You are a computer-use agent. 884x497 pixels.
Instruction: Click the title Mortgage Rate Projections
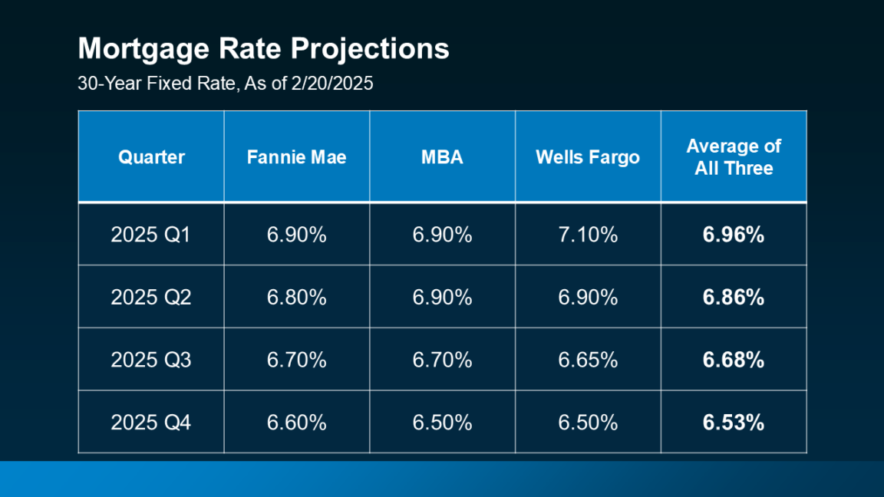click(x=263, y=49)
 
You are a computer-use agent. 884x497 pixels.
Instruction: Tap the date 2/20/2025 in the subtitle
click(x=332, y=84)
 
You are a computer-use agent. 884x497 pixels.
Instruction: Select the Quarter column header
click(x=151, y=157)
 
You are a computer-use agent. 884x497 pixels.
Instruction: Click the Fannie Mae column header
click(x=296, y=157)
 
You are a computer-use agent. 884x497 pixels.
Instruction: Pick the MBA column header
click(x=442, y=157)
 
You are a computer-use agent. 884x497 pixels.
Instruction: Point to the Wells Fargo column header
click(x=587, y=157)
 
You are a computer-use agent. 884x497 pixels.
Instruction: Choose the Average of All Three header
click(x=733, y=157)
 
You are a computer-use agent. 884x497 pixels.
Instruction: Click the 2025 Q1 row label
click(x=150, y=235)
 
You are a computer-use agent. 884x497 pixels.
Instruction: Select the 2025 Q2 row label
click(x=150, y=298)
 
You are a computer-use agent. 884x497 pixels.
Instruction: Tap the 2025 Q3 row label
click(x=150, y=360)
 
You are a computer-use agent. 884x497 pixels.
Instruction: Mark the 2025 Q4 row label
click(x=150, y=423)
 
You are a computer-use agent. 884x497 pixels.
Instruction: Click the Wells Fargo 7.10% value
click(x=587, y=235)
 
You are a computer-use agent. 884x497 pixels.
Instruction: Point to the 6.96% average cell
click(x=733, y=235)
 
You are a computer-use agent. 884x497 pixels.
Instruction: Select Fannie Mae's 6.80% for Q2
click(x=296, y=298)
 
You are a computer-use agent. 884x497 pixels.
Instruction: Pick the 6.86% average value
click(x=733, y=298)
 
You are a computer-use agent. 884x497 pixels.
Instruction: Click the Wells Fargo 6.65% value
click(x=587, y=360)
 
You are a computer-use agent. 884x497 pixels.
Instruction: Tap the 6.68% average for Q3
click(x=733, y=360)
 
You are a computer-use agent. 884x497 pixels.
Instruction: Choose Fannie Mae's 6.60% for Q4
click(x=296, y=423)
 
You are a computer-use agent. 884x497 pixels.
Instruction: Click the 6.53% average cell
click(x=733, y=423)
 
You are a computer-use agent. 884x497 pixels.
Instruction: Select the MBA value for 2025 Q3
click(x=442, y=360)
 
